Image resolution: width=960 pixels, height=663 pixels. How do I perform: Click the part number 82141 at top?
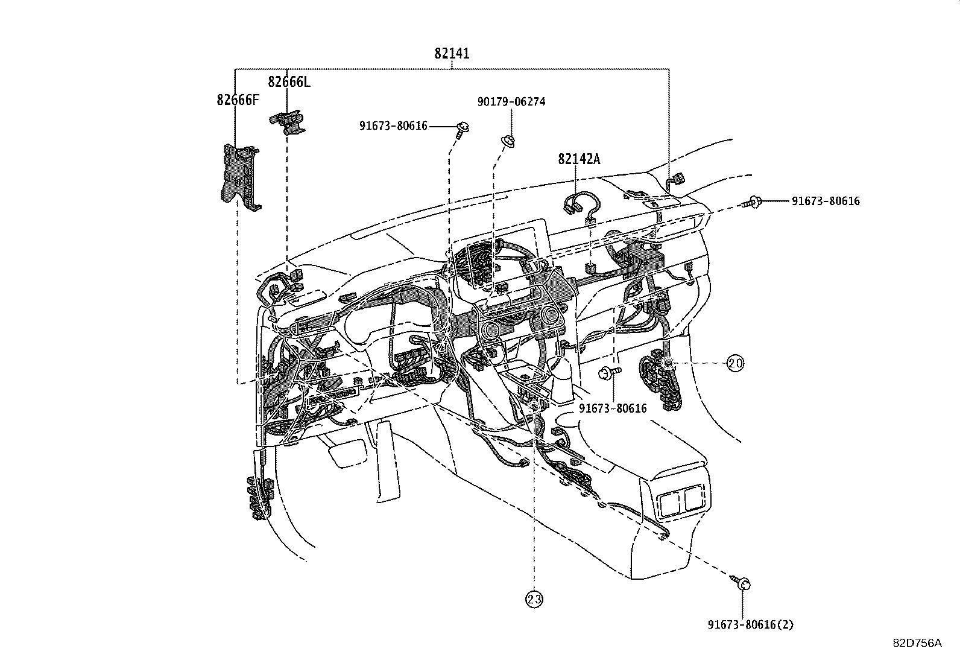coord(452,54)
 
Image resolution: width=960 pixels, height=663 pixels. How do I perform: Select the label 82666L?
coord(289,82)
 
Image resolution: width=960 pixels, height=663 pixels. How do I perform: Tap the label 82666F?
coord(238,100)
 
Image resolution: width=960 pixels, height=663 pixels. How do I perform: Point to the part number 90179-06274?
coord(511,102)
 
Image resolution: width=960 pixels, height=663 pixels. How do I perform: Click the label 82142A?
coord(579,159)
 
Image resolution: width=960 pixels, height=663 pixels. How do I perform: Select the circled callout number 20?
coord(735,363)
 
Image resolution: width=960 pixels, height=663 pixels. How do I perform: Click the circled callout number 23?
coord(534,599)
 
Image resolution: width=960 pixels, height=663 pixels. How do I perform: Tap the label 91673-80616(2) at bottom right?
coord(750,625)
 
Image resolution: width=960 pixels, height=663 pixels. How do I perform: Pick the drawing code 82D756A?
coord(917,643)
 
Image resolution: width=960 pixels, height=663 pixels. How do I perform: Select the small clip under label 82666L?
coord(288,121)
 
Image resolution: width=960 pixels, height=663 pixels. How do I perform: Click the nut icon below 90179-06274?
coord(508,141)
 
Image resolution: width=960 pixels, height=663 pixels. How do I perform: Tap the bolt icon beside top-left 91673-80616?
coord(463,128)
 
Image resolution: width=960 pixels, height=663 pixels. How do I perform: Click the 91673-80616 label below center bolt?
coord(612,408)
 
